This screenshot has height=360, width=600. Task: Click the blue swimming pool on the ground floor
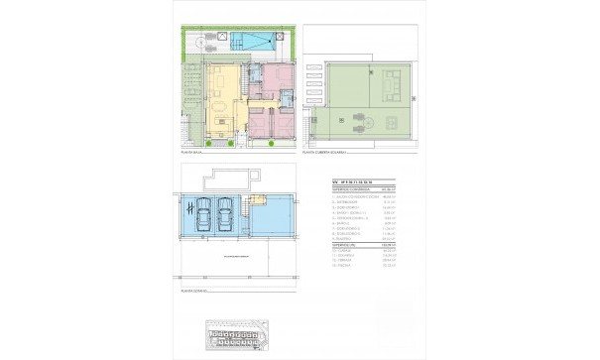point(255,41)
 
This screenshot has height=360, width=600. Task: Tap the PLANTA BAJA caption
point(192,152)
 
